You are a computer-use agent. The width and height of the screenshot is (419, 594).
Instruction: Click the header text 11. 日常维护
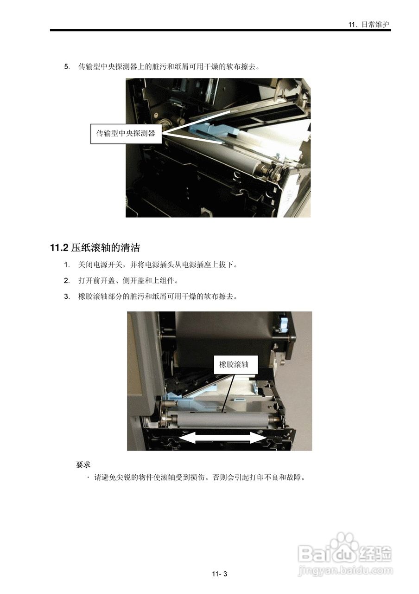[x=369, y=25]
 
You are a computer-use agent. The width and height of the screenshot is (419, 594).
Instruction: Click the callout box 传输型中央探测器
[x=126, y=134]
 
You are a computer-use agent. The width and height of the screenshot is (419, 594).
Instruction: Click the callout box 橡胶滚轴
[x=234, y=365]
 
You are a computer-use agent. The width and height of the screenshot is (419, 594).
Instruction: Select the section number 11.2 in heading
[x=59, y=248]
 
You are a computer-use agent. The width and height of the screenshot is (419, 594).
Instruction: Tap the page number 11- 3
[x=220, y=574]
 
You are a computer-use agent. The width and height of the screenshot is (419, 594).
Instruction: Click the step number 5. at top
[x=67, y=66]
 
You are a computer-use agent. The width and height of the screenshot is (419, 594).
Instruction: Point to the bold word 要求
[x=83, y=465]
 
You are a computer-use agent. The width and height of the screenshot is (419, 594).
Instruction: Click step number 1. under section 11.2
[x=67, y=265]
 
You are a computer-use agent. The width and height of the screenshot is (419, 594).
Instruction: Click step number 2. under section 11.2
[x=67, y=281]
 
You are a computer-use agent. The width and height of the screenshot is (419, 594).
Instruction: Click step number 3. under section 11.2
[x=67, y=297]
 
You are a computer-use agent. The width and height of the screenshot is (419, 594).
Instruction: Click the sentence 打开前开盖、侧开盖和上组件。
[x=128, y=281]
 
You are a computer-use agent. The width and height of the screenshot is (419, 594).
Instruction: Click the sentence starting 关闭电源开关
[x=158, y=265]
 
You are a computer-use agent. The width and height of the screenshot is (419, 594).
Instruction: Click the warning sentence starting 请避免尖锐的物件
[x=199, y=477]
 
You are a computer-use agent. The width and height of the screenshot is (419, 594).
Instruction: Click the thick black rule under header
[x=220, y=31]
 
